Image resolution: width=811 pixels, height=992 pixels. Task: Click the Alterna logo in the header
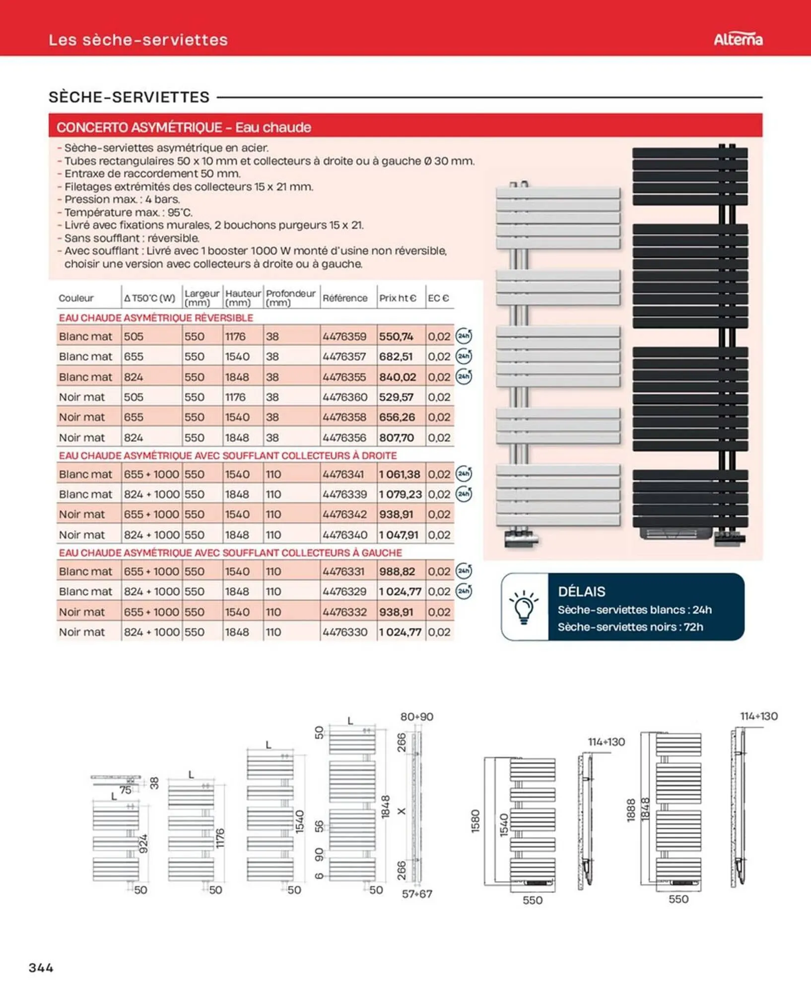coord(738,39)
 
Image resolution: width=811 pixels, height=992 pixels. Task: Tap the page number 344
coord(41,967)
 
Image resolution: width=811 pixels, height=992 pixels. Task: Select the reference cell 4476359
coord(344,336)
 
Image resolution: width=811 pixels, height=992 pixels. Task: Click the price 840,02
coord(398,377)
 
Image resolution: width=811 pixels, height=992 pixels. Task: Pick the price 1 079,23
coord(400,494)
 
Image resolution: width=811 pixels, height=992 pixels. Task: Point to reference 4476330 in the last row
coord(344,632)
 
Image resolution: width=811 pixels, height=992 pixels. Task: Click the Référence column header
coord(345,298)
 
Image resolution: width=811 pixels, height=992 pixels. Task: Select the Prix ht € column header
coord(398,298)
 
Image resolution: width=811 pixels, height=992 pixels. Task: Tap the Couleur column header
coord(76,298)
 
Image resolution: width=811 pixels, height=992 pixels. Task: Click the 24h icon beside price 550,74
coord(464,336)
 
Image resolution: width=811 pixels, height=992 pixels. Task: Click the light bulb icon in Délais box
coord(524,607)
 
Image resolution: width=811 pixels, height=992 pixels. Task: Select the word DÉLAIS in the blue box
coord(581,591)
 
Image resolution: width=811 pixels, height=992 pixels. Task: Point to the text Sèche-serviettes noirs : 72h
coord(630,627)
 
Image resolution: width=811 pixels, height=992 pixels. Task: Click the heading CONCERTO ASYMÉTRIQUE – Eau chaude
coord(184,127)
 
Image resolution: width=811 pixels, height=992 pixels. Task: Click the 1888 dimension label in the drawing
coord(631,810)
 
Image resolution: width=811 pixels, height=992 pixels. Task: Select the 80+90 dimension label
coord(416,717)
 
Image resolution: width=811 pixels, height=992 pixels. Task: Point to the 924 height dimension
coord(143,844)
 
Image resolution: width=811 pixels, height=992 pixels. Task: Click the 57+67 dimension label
coord(416,894)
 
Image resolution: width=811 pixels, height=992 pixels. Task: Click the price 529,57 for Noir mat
coord(396,397)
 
